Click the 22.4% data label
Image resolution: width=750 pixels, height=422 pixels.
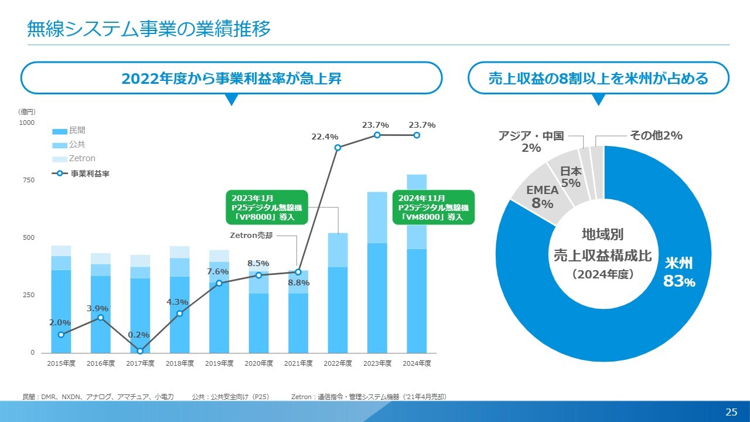[325, 137]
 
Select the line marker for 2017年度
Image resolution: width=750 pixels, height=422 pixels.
[140, 351]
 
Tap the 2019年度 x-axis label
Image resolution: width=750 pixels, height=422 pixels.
[219, 363]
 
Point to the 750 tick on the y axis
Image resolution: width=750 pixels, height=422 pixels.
[28, 180]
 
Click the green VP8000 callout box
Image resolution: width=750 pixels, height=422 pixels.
[267, 207]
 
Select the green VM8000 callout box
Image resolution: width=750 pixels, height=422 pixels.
[433, 207]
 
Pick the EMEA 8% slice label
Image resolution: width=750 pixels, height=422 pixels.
[542, 197]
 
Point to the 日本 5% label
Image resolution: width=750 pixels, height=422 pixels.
[571, 177]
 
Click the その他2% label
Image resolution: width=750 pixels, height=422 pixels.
[656, 135]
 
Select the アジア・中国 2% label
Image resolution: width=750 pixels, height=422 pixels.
[531, 142]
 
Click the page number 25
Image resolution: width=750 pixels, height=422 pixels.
[731, 412]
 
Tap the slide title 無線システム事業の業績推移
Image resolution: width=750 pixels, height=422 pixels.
[149, 29]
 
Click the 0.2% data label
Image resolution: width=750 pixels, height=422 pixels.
[138, 335]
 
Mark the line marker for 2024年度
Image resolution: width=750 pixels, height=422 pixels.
[417, 135]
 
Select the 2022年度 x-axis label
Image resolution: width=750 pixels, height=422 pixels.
[337, 363]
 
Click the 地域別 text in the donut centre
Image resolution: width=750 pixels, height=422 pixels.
[602, 235]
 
